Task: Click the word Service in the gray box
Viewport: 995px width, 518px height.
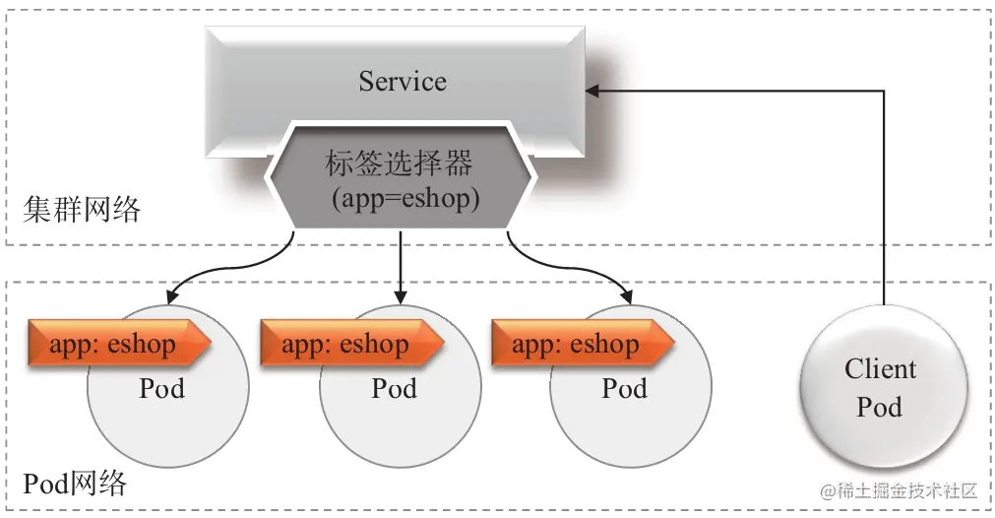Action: tap(402, 80)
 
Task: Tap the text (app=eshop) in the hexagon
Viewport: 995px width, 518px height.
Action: tap(402, 198)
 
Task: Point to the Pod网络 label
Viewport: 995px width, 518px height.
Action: tap(75, 484)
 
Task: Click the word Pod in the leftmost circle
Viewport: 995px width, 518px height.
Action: tap(161, 388)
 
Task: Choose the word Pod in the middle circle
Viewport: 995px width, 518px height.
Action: tap(394, 388)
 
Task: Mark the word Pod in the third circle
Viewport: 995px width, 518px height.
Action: tap(625, 388)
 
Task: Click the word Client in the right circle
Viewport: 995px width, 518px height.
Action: tap(880, 369)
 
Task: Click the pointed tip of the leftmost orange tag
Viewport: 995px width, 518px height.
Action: tap(209, 345)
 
